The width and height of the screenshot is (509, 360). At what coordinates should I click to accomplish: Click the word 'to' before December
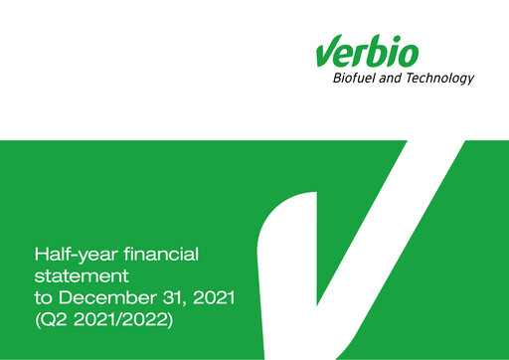[44, 296]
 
